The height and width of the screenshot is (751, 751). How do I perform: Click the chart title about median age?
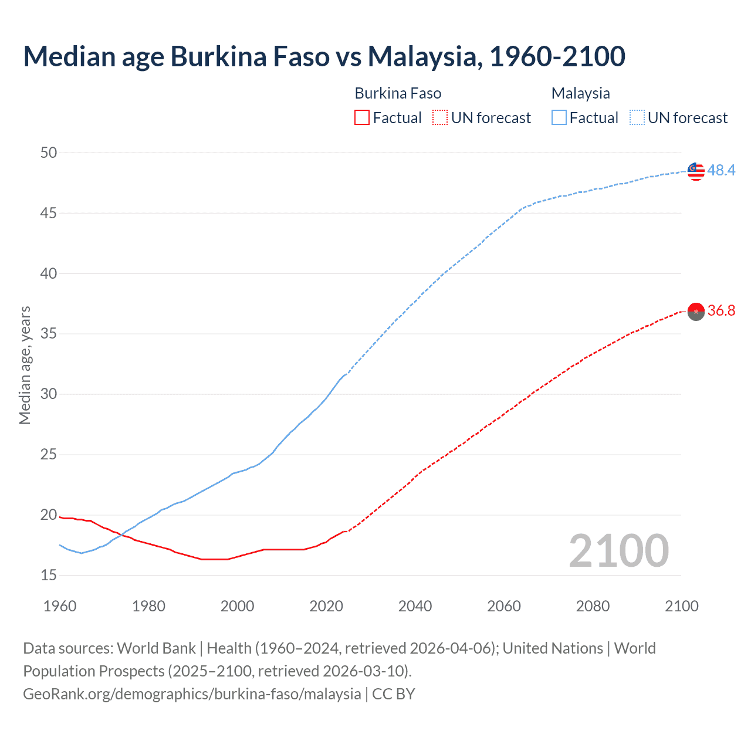point(324,56)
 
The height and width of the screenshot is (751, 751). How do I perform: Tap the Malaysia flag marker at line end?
point(696,171)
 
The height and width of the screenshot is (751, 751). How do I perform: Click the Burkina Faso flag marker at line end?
point(696,311)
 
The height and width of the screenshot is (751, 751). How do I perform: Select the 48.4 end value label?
point(721,170)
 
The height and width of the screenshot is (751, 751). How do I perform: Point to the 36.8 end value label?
point(721,310)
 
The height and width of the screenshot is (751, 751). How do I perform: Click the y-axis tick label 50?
point(49,153)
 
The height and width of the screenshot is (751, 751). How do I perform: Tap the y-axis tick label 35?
point(49,334)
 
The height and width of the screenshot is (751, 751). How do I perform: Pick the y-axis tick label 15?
point(49,575)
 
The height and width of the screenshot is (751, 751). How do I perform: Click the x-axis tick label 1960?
point(60,606)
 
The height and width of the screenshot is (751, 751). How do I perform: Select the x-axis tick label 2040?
point(415,606)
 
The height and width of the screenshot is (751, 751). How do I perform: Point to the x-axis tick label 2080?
point(593,606)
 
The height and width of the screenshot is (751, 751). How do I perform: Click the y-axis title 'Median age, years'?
point(25,365)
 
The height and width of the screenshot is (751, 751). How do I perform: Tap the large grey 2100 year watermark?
point(618,550)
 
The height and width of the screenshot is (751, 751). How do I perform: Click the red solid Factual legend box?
point(362,118)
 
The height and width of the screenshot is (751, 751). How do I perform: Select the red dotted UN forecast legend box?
point(440,118)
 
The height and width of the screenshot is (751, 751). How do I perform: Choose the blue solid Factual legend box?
point(559,118)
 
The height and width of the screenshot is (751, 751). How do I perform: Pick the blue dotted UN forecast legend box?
point(637,118)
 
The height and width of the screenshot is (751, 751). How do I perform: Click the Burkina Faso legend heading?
point(398,93)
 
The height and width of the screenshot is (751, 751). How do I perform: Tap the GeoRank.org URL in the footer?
point(192,694)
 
